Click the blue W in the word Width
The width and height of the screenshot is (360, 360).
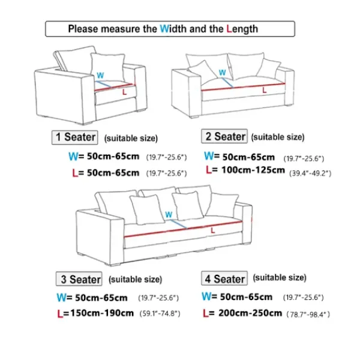point(164,29)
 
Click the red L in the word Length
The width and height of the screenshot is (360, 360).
point(229,29)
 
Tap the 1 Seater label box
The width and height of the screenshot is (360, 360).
point(74,137)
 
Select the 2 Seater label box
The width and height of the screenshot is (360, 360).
point(224,136)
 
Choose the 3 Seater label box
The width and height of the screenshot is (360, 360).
point(79,279)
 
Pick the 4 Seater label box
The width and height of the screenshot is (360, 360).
point(224,278)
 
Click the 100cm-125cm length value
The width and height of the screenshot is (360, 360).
point(253,170)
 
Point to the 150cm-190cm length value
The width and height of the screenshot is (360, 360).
point(102,313)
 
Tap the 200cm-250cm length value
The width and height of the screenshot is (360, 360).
point(250,313)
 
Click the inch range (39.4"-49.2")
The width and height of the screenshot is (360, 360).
point(310,173)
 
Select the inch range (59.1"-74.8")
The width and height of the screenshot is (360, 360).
point(160,314)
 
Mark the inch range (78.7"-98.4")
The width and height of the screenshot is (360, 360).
point(308,314)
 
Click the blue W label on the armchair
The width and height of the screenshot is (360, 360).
point(100,76)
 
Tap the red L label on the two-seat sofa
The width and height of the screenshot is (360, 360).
point(265,90)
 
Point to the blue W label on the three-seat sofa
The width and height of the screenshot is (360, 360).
point(169,215)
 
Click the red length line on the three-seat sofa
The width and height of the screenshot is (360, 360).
point(183,229)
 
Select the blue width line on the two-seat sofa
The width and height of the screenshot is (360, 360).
point(227,83)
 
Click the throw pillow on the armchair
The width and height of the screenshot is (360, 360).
point(107,67)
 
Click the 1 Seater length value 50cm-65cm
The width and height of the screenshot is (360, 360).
point(113,173)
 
